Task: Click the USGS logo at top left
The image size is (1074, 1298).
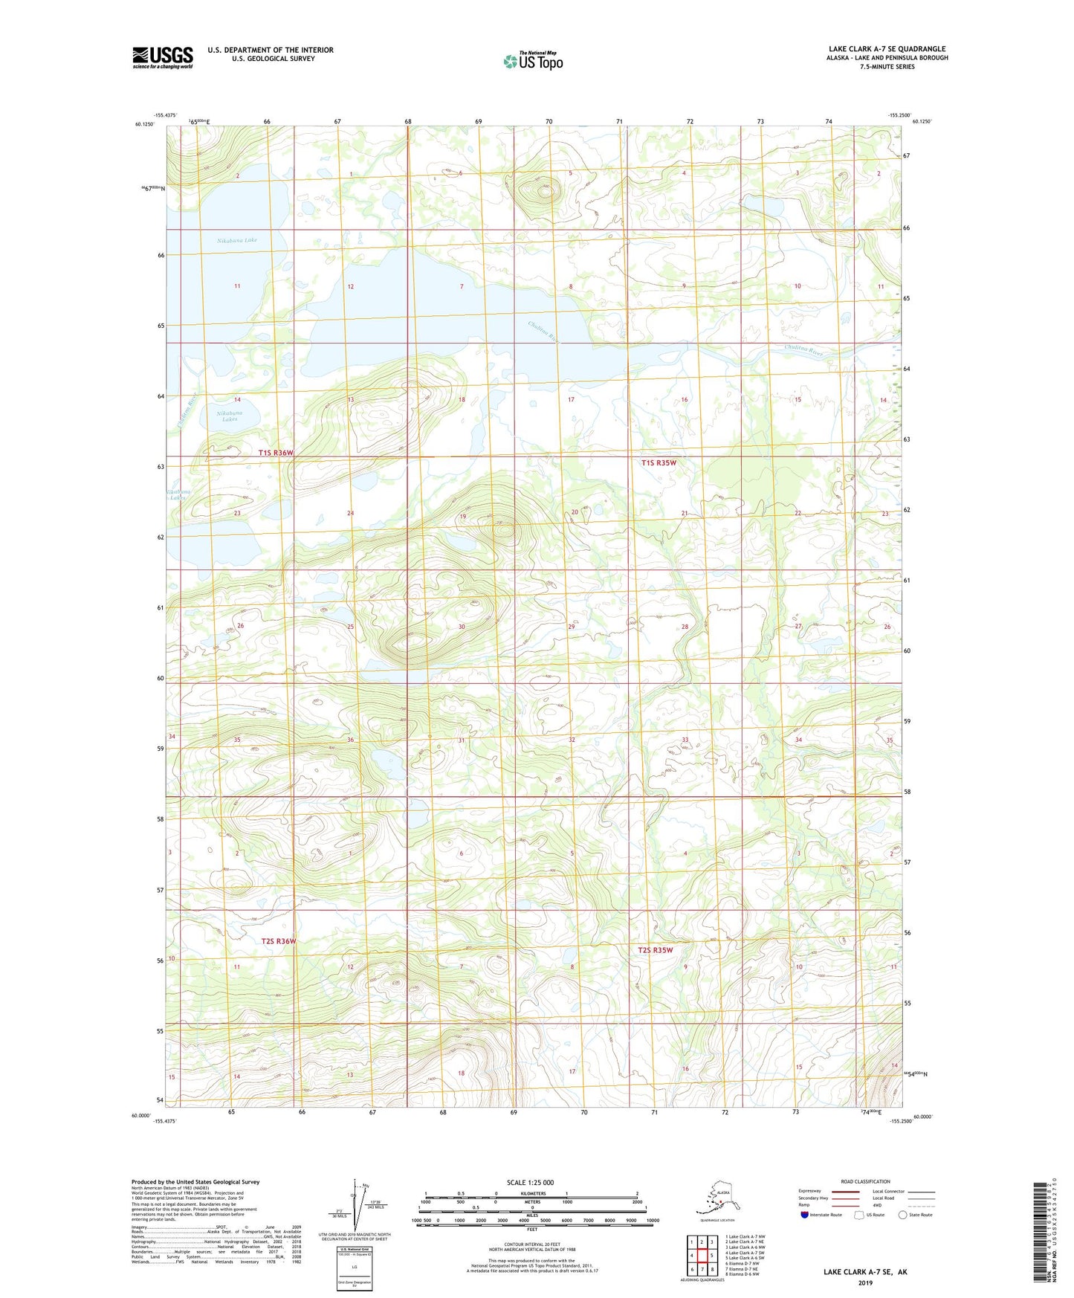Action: [162, 57]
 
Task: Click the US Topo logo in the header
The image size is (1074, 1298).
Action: [532, 60]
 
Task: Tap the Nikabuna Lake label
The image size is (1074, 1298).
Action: [237, 240]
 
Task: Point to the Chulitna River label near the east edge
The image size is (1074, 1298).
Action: [804, 351]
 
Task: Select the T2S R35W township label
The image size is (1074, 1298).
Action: [655, 949]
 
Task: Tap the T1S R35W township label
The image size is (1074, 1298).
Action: [659, 462]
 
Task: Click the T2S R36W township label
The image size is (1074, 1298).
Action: [279, 941]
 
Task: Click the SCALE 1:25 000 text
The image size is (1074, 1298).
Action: [530, 1182]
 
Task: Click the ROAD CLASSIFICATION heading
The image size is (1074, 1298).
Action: [865, 1181]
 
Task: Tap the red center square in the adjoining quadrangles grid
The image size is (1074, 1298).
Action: [702, 1256]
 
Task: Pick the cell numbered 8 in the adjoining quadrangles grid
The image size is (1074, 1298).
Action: [712, 1269]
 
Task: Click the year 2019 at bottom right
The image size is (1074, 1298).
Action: [865, 1282]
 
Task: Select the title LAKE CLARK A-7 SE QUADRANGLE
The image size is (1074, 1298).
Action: [887, 49]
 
